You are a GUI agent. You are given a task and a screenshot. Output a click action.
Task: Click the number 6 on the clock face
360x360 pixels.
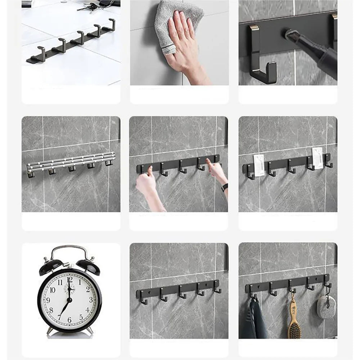click(x=69, y=319)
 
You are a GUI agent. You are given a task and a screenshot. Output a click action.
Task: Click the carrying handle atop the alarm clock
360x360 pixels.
click(x=69, y=250)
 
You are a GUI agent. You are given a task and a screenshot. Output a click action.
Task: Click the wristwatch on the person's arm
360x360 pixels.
click(x=225, y=187)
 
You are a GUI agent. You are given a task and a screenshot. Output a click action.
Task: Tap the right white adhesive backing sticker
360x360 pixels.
click(x=317, y=158)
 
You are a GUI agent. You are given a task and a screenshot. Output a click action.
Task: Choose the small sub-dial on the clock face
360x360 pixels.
click(x=69, y=288)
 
